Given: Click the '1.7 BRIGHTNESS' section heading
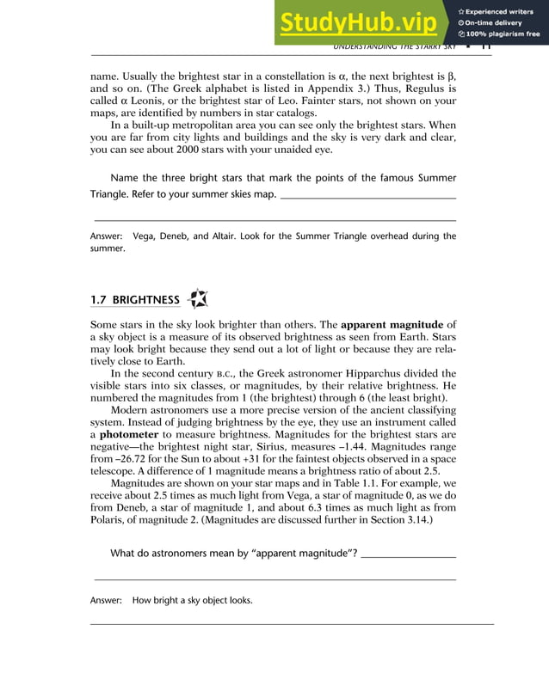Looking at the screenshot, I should pyautogui.click(x=135, y=300).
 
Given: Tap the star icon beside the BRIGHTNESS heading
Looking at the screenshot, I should pyautogui.click(x=197, y=299).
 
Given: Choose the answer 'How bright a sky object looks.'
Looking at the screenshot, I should pyautogui.click(x=192, y=600).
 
